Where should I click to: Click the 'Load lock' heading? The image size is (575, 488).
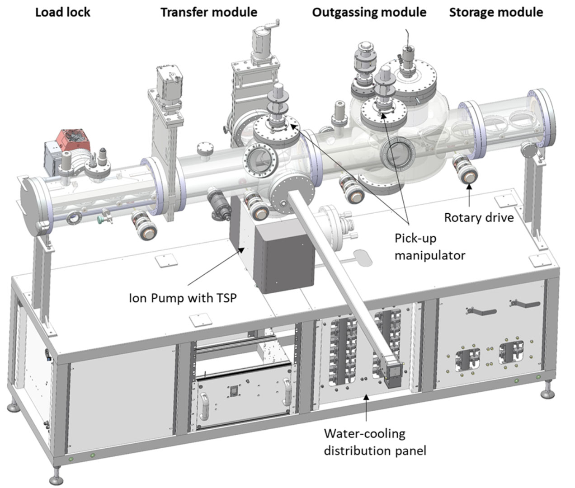click(x=62, y=12)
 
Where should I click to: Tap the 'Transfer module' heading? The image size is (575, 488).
click(x=209, y=12)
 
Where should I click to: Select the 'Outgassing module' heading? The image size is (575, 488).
click(x=369, y=12)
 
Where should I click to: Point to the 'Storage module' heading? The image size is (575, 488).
click(x=496, y=12)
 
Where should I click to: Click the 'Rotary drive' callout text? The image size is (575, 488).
click(x=479, y=217)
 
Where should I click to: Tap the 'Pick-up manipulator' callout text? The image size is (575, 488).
click(x=429, y=246)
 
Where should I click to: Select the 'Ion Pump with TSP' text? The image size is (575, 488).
click(x=183, y=298)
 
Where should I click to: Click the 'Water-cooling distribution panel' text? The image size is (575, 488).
click(x=375, y=442)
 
